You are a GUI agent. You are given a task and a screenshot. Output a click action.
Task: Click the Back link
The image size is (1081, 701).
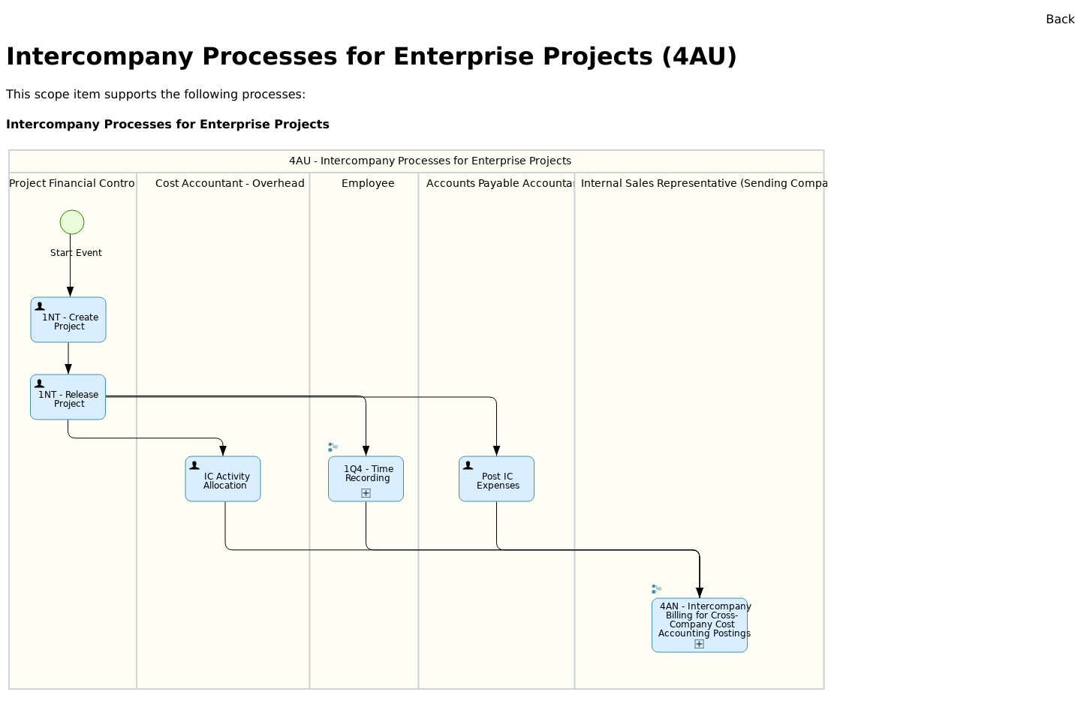pos(1059,20)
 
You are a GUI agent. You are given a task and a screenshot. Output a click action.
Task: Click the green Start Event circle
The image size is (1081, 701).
pos(72,222)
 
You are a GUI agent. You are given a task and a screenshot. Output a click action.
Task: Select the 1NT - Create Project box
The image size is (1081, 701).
pos(68,320)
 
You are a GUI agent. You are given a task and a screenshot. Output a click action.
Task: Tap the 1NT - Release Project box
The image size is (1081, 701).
pos(68,398)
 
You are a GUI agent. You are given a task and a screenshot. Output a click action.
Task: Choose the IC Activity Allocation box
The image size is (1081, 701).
pos(223,480)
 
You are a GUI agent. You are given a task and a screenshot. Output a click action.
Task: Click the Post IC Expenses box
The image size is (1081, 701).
pos(496,480)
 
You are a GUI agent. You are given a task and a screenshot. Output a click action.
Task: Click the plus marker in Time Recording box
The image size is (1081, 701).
pos(366,493)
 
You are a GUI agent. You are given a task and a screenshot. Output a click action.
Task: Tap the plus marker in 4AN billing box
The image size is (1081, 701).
pos(699,644)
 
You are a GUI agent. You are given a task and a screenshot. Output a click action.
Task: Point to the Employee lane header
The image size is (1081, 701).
pos(368,184)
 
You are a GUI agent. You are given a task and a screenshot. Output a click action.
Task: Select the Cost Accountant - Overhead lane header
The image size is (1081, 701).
pos(230,184)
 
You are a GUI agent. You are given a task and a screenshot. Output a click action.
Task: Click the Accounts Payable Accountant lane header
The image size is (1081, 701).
pos(499,184)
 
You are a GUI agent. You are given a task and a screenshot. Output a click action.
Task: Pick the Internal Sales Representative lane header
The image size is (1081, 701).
pos(703,184)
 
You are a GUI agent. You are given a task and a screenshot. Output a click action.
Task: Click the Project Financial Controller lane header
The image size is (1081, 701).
pos(72,184)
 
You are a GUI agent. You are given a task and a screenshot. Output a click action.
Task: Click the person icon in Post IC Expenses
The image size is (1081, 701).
pos(468,465)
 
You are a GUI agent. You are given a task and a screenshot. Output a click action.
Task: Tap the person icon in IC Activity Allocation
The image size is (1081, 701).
pos(194,465)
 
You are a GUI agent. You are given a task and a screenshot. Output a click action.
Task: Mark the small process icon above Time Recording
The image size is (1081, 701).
pos(333,447)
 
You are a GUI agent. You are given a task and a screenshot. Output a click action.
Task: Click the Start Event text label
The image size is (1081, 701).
pos(76,253)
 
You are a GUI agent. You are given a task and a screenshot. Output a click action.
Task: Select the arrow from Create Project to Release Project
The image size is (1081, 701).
pos(68,359)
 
